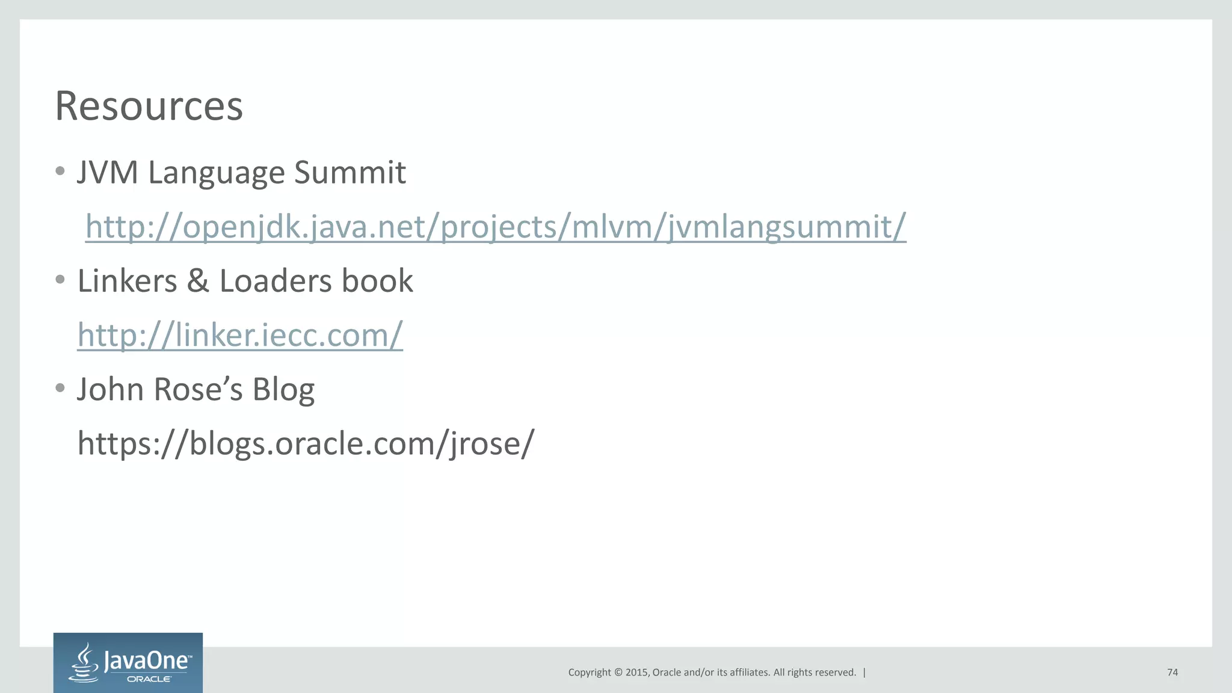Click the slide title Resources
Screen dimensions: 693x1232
click(x=149, y=106)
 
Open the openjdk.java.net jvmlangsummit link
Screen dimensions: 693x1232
click(x=495, y=227)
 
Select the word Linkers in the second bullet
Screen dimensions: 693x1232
click(x=127, y=281)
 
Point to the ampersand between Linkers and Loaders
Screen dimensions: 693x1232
click(x=198, y=281)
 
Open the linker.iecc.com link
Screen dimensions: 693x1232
click(x=240, y=335)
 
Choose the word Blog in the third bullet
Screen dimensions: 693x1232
click(x=283, y=389)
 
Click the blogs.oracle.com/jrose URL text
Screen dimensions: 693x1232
click(x=306, y=443)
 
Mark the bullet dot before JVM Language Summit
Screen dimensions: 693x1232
click(x=60, y=171)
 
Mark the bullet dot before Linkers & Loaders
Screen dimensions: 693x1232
click(x=60, y=280)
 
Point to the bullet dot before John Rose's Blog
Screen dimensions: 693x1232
click(x=60, y=388)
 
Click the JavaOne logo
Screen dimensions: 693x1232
click(x=128, y=663)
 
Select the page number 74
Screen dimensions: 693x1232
click(x=1172, y=673)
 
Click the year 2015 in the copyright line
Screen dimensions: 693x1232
click(x=636, y=673)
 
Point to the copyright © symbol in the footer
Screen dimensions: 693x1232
click(x=617, y=673)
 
